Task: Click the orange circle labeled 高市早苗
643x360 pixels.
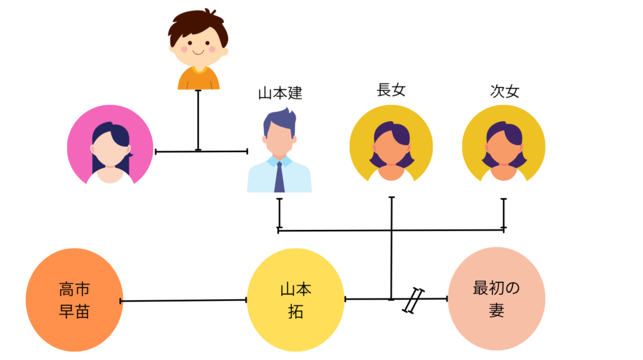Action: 74,300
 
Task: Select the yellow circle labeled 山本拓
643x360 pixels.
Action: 295,300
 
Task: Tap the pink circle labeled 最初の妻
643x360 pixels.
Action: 496,298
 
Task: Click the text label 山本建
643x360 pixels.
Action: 280,94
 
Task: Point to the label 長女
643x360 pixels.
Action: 391,90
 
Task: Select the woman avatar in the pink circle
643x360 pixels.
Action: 110,147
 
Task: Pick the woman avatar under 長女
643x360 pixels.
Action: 391,148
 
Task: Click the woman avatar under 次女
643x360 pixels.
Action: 504,148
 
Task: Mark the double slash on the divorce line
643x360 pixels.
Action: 413,300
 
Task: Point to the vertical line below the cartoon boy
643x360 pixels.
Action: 198,119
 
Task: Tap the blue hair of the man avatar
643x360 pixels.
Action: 279,120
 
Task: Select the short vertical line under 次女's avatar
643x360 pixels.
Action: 504,214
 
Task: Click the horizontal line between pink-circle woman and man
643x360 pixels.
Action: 201,151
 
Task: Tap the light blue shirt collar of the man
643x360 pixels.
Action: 279,161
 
